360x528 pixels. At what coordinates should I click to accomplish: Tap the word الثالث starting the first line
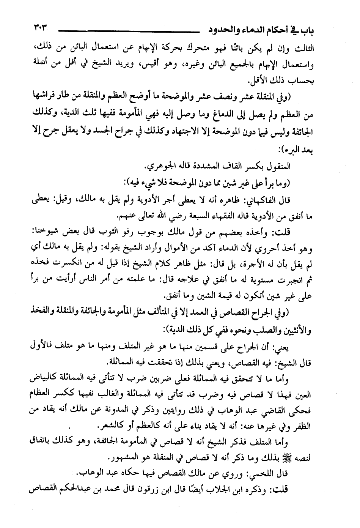pyautogui.click(x=320, y=49)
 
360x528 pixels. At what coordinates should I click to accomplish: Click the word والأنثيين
pyautogui.click(x=316, y=331)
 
